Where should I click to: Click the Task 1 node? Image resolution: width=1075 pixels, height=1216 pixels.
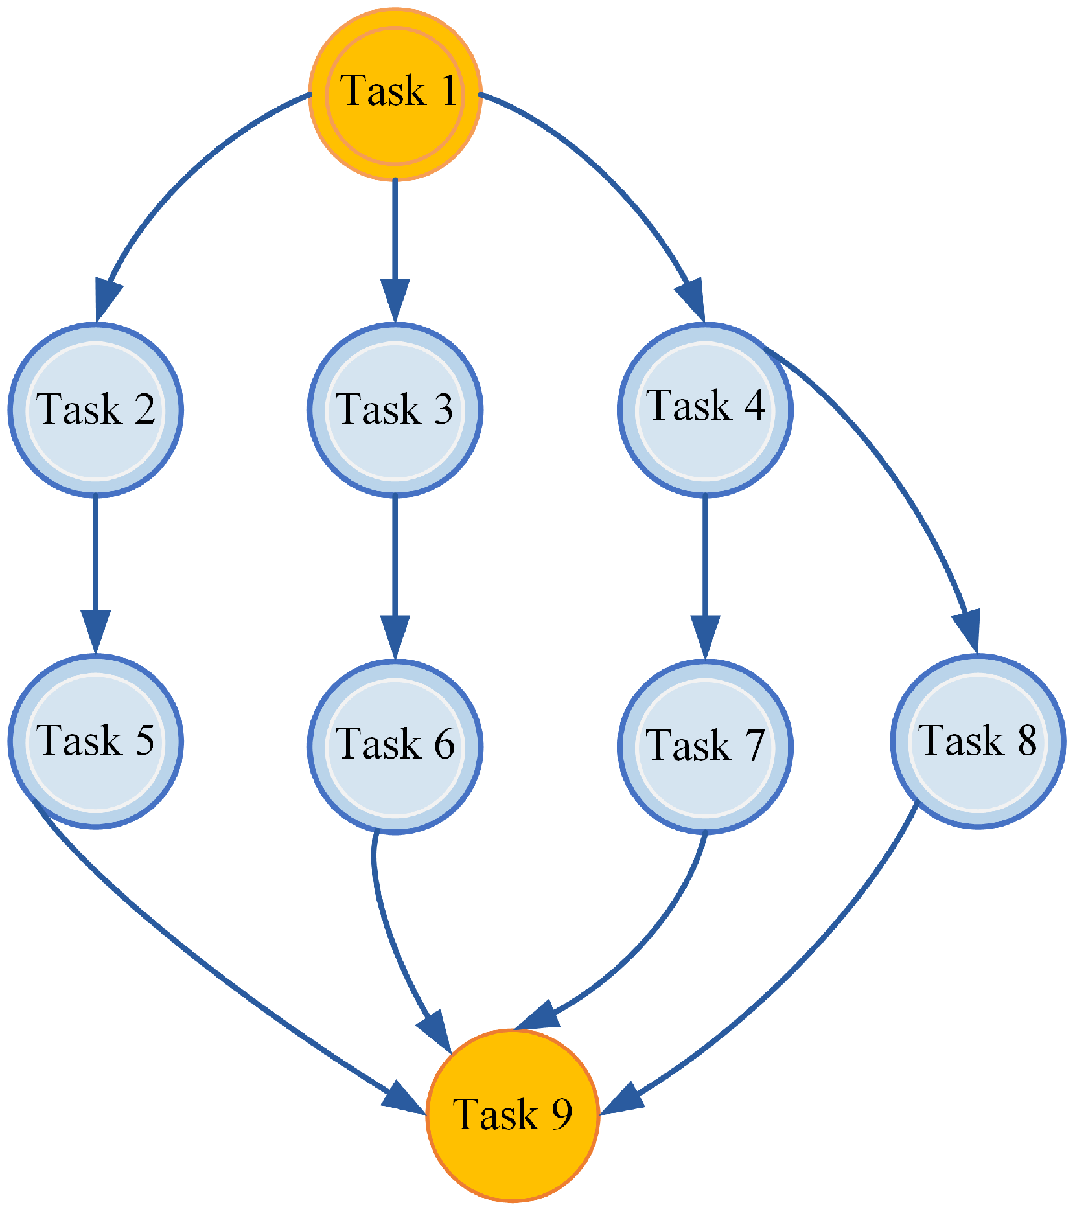click(395, 94)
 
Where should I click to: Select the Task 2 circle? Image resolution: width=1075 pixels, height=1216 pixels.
click(96, 409)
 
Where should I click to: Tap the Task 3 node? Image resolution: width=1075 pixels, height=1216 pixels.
click(395, 409)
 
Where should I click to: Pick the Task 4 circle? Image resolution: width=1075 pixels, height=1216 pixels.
click(705, 409)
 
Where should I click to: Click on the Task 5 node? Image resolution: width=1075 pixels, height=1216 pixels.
click(96, 741)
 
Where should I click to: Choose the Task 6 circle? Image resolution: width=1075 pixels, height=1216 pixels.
click(395, 746)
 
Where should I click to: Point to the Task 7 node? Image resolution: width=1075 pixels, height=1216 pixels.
click(705, 746)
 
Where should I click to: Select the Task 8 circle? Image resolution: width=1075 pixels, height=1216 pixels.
click(978, 741)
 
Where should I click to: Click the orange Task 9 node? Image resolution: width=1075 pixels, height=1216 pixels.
click(513, 1115)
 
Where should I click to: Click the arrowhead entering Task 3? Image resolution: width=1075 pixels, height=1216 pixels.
click(395, 299)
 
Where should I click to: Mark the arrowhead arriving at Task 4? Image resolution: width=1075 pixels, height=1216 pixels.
click(692, 299)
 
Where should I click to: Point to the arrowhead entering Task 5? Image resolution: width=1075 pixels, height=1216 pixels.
click(96, 630)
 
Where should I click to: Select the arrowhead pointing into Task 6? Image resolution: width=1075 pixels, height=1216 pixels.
click(395, 635)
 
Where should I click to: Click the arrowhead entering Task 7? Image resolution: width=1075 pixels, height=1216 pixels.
click(705, 635)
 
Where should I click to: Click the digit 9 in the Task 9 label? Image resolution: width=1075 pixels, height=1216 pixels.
click(561, 1113)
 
